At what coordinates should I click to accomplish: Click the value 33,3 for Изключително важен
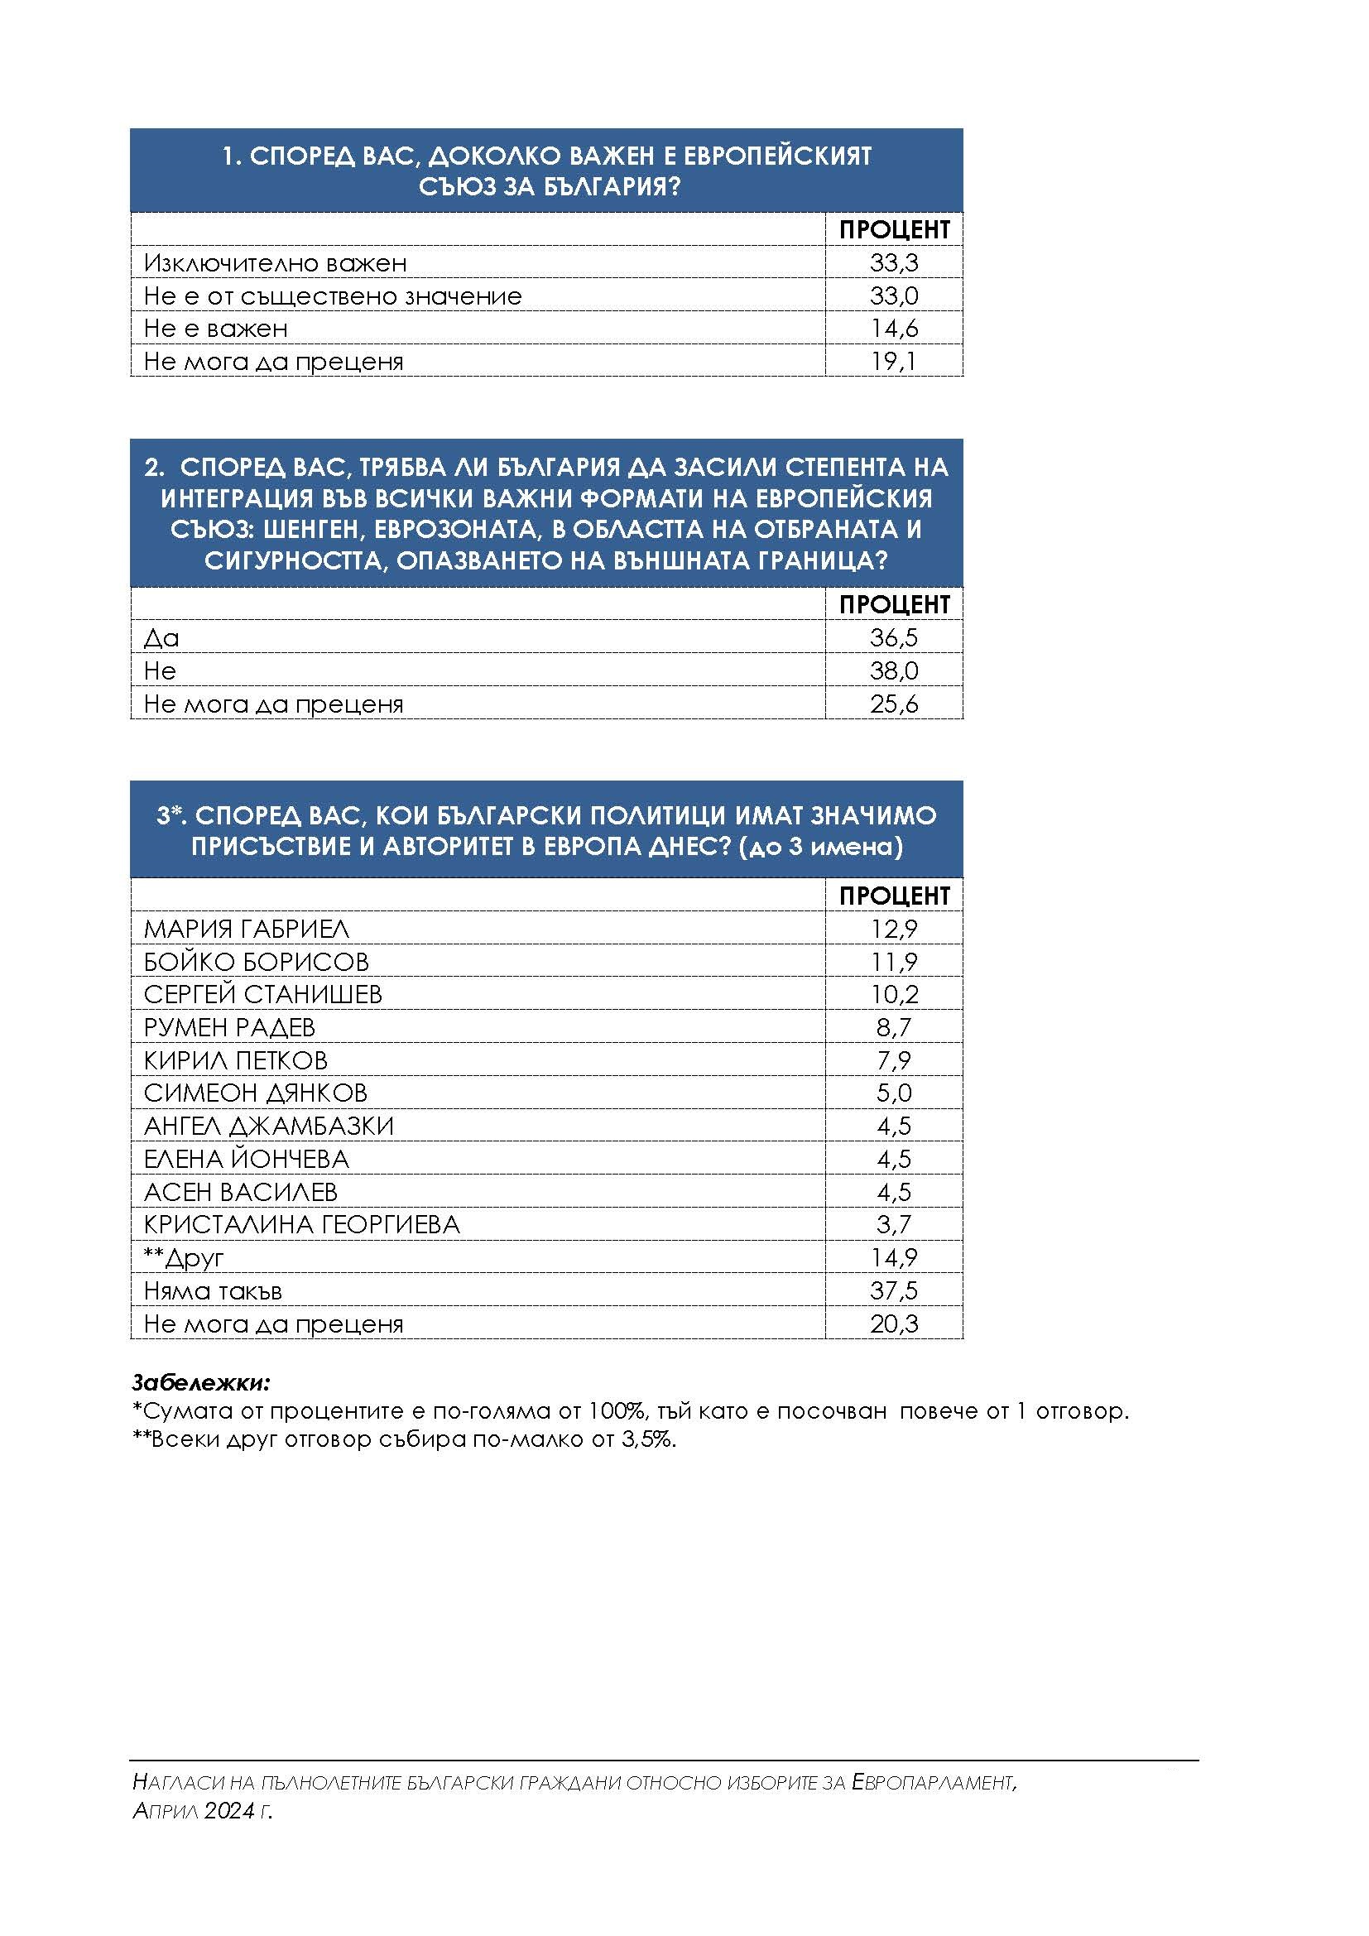894,263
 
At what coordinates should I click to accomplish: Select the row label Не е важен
216,329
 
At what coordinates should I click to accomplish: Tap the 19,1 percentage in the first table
894,362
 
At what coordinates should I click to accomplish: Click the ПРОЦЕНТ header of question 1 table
894,229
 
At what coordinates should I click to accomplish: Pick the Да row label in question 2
162,638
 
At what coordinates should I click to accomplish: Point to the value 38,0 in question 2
894,671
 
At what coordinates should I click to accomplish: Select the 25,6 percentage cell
894,704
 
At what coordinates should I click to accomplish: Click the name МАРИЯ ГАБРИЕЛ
246,930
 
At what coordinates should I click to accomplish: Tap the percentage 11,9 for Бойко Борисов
894,962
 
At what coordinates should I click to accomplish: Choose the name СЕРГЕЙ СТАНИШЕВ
263,995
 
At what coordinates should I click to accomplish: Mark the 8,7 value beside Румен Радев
894,1028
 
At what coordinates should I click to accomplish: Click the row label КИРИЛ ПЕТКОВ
236,1061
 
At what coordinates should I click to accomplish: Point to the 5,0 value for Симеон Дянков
894,1093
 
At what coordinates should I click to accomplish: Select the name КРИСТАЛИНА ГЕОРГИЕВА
302,1225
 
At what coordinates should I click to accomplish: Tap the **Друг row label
184,1258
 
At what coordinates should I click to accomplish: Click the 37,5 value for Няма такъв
894,1291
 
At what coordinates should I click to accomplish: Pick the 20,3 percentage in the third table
894,1323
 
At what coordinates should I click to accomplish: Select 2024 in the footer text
228,1811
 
